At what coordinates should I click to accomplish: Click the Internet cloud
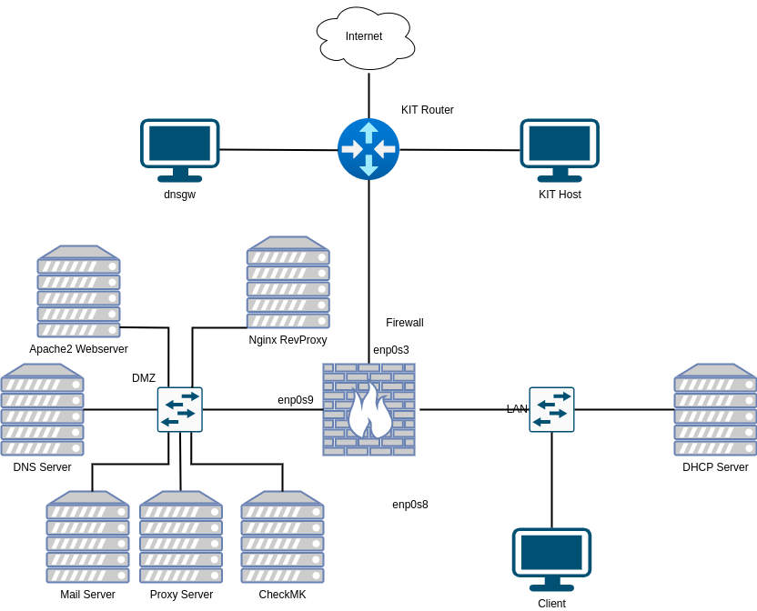pyautogui.click(x=365, y=37)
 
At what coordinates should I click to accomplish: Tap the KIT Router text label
pyautogui.click(x=428, y=110)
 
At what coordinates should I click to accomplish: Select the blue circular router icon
pyautogui.click(x=368, y=148)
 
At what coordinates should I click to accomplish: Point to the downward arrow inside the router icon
pyautogui.click(x=368, y=166)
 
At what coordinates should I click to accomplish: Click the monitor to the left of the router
pyautogui.click(x=180, y=149)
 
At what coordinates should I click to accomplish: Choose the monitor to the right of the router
pyautogui.click(x=560, y=149)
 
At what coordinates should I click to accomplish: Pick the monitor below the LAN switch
pyautogui.click(x=551, y=558)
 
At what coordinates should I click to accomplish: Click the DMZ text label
pyautogui.click(x=144, y=378)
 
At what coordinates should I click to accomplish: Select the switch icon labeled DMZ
pyautogui.click(x=179, y=409)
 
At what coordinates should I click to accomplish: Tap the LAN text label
pyautogui.click(x=517, y=409)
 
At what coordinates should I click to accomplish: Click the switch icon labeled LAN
pyautogui.click(x=551, y=409)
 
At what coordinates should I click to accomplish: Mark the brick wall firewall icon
pyautogui.click(x=368, y=409)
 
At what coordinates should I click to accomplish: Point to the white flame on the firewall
pyautogui.click(x=369, y=414)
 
